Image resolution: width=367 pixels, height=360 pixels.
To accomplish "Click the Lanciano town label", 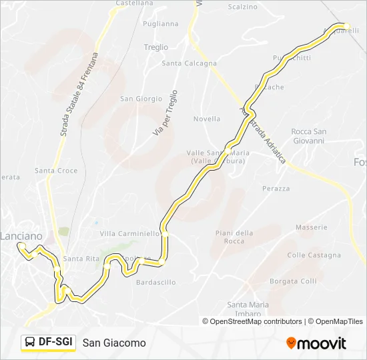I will click(x=21, y=236).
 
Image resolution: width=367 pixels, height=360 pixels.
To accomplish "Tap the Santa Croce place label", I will click(x=56, y=171).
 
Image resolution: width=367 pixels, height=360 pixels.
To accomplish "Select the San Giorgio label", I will click(x=141, y=99).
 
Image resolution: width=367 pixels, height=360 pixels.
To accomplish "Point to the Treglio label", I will click(x=156, y=47).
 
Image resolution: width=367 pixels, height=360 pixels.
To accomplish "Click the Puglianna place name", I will click(x=161, y=23).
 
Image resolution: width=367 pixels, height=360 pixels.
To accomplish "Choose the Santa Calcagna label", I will click(x=190, y=64).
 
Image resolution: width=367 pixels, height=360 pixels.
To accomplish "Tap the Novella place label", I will click(x=206, y=119).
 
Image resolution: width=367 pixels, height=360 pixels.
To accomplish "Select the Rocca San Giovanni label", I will click(x=308, y=136).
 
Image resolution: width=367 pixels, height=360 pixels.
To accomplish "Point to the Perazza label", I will click(x=276, y=189).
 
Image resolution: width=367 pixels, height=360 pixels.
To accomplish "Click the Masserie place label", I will click(x=312, y=227).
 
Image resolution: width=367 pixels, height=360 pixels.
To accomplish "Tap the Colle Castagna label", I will click(x=314, y=255).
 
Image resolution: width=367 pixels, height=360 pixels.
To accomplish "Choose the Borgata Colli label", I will click(x=293, y=281).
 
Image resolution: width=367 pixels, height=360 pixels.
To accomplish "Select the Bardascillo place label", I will click(x=155, y=283).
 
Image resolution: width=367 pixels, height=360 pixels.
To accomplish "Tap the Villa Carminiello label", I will click(x=129, y=234).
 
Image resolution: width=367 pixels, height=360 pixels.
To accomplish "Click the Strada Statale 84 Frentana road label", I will click(x=79, y=95).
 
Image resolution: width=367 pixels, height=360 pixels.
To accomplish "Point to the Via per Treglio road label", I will click(x=165, y=113).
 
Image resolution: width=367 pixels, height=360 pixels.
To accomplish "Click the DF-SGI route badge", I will click(x=48, y=342).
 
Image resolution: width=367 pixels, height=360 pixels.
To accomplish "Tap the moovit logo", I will click(x=316, y=343).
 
